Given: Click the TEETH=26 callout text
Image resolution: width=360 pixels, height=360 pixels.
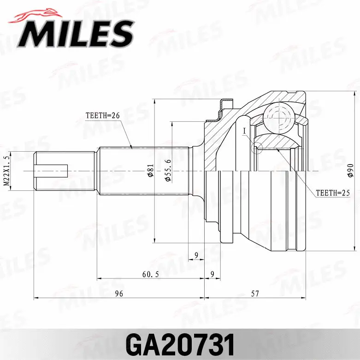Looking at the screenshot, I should pyautogui.click(x=102, y=116).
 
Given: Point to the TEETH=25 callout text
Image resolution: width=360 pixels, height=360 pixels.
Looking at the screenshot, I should pyautogui.click(x=332, y=193).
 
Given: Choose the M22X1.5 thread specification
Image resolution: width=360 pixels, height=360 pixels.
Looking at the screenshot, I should pyautogui.click(x=6, y=171).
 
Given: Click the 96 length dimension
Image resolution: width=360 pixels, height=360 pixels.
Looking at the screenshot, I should pyautogui.click(x=119, y=293).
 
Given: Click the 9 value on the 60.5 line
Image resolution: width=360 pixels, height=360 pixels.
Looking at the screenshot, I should pyautogui.click(x=212, y=274).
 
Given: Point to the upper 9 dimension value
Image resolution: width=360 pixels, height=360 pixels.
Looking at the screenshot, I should pyautogui.click(x=196, y=254).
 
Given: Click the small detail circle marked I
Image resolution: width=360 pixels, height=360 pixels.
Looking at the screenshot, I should pyautogui.click(x=256, y=148).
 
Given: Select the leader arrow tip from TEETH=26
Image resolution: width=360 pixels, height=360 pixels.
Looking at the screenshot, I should pyautogui.click(x=132, y=148).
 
